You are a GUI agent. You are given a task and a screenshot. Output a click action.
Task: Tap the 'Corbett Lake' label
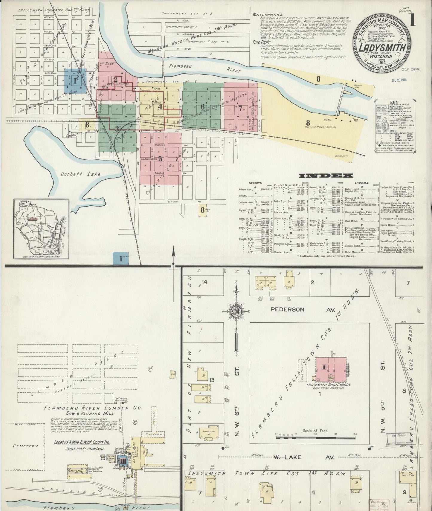[80, 174]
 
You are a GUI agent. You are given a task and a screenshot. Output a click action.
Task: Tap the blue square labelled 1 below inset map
[121, 259]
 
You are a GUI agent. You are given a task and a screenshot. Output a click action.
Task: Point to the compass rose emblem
[236, 312]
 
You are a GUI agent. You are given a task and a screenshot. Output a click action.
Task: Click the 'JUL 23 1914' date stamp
[401, 80]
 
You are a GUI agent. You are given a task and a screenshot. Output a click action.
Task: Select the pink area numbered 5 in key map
[160, 158]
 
